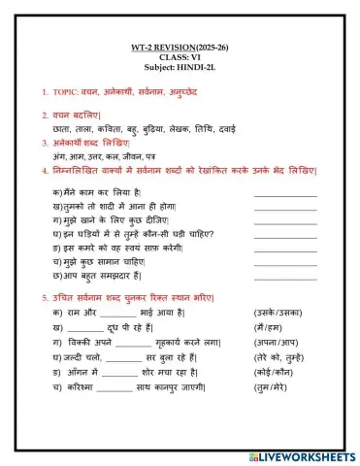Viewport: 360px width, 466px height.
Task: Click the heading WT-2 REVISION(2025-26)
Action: click(180, 47)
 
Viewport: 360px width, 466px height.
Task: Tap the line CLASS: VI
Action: click(180, 57)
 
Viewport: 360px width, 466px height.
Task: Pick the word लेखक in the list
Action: click(191, 127)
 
